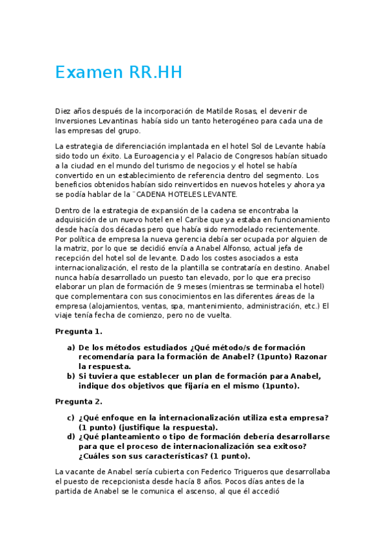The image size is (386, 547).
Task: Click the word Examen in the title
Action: click(x=85, y=73)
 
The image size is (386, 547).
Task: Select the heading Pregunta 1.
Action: click(x=79, y=332)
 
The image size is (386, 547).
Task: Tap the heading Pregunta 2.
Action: click(x=79, y=401)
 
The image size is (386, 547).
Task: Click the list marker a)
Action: click(x=71, y=347)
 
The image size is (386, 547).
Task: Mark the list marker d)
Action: click(x=71, y=436)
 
